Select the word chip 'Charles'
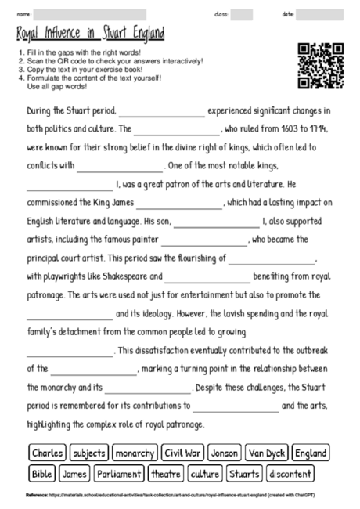[48, 453]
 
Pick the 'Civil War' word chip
[183, 453]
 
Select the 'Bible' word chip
[41, 474]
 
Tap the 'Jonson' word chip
[225, 453]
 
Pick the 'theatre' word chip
[166, 474]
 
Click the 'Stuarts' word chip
[244, 474]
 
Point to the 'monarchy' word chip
[135, 453]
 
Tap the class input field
[242, 14]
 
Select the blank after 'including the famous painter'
[204, 240]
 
